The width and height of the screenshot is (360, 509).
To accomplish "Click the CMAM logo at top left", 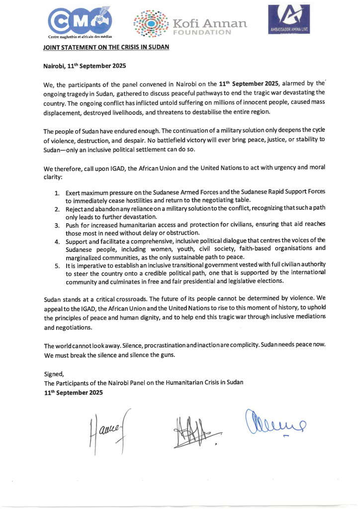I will pyautogui.click(x=81, y=22).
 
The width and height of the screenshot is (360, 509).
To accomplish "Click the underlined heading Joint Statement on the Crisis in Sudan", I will pyautogui.click(x=107, y=48).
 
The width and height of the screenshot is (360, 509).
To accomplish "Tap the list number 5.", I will pyautogui.click(x=58, y=266).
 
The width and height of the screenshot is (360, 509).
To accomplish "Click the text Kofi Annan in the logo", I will pyautogui.click(x=209, y=23).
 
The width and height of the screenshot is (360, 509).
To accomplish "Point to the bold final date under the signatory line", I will pyautogui.click(x=74, y=392).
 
